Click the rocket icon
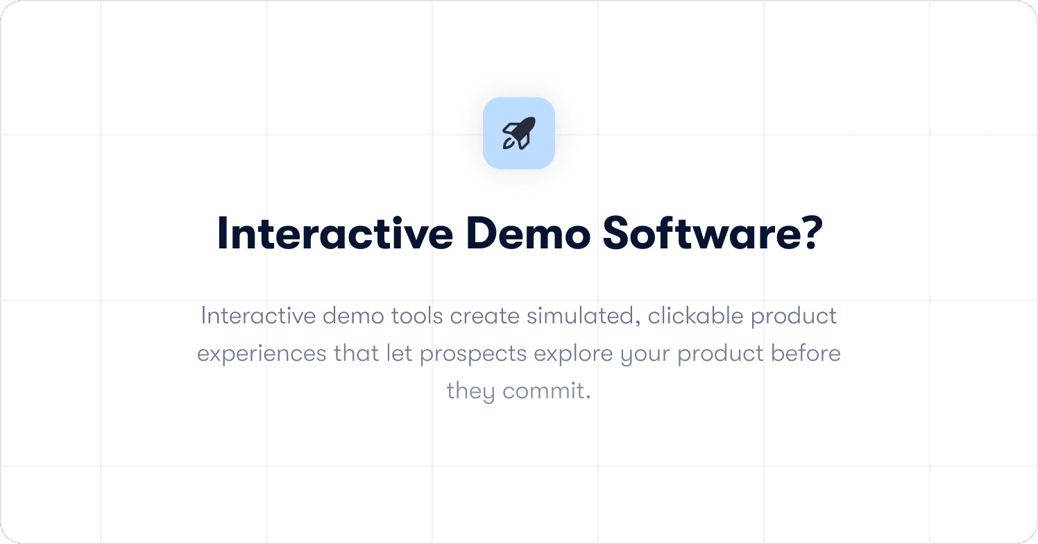pos(519,133)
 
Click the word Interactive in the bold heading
pos(335,234)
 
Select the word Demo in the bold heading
pos(528,234)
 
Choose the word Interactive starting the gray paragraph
pos(258,316)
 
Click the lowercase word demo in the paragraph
pos(354,316)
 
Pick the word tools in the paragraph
pos(417,316)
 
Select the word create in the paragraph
pos(485,316)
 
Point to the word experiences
pos(262,355)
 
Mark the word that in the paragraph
pos(357,354)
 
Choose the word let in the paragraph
pos(400,354)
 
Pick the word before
pos(806,354)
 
